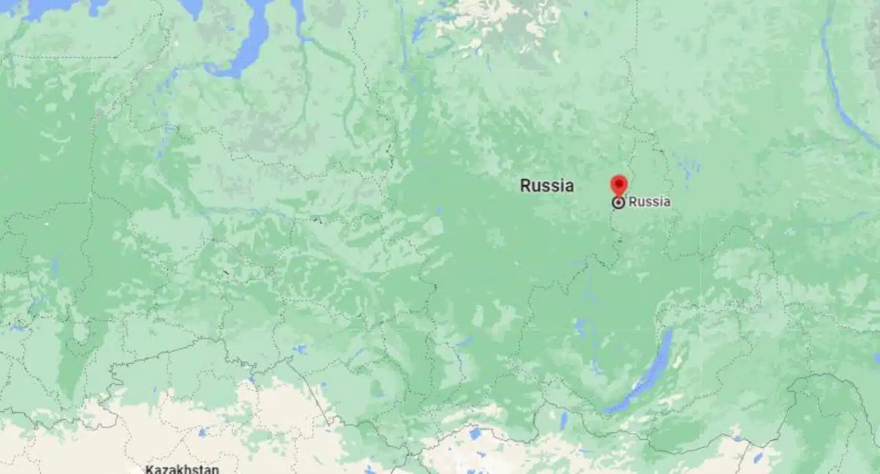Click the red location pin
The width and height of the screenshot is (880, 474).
pyautogui.click(x=619, y=184)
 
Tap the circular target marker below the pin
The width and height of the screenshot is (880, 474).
pyautogui.click(x=619, y=202)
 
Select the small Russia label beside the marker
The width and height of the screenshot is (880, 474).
pyautogui.click(x=649, y=202)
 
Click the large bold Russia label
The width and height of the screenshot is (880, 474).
pyautogui.click(x=547, y=185)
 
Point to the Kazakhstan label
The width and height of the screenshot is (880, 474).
pyautogui.click(x=182, y=469)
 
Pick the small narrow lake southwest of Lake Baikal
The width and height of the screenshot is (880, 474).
pyautogui.click(x=564, y=420)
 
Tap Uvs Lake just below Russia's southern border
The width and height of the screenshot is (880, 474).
pyautogui.click(x=475, y=433)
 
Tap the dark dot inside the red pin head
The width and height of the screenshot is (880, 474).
pyautogui.click(x=619, y=182)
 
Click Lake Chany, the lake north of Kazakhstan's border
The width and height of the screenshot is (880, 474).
pyautogui.click(x=300, y=349)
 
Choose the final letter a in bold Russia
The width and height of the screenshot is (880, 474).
pyautogui.click(x=569, y=186)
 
